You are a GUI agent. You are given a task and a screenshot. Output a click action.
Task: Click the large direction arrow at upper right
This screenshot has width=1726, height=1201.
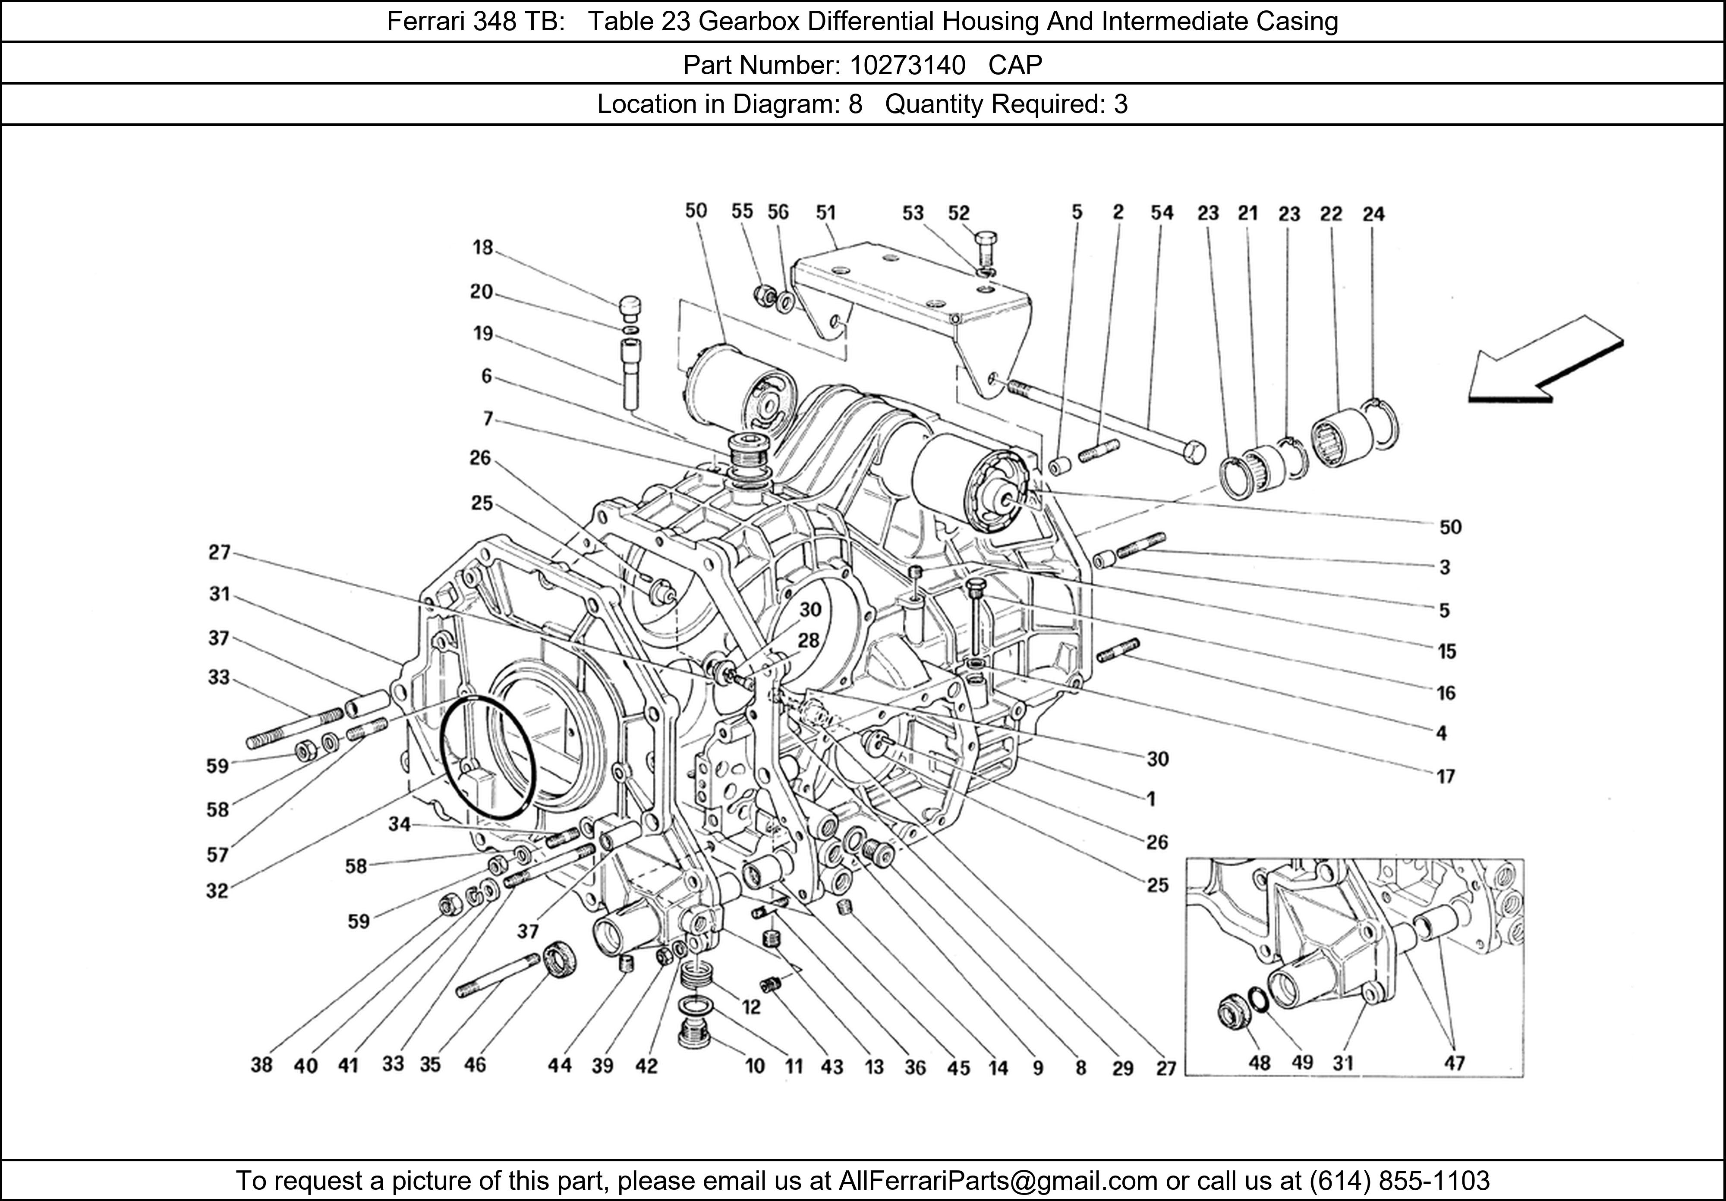pos(1545,363)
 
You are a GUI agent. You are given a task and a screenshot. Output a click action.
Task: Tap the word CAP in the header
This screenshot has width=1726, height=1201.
pos(1015,66)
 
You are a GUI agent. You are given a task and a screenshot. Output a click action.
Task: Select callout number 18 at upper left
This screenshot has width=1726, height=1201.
pos(482,247)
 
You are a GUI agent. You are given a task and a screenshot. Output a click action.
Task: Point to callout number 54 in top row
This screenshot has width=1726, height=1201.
pos(1162,214)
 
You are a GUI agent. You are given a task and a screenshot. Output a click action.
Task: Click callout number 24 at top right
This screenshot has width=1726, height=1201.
pos(1373,215)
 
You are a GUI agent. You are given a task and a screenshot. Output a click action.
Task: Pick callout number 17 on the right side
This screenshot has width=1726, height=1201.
pos(1446,777)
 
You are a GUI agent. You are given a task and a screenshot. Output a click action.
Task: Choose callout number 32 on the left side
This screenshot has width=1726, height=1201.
pos(217,890)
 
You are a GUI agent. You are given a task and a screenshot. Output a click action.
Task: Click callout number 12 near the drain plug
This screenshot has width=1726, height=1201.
pos(751,1006)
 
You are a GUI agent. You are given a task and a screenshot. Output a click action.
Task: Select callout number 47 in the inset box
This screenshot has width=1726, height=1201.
pos(1455,1063)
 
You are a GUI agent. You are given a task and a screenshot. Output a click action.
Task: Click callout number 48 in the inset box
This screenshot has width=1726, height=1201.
pos(1259,1063)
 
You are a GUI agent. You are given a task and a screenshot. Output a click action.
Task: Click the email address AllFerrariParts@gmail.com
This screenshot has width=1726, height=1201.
pos(998,1181)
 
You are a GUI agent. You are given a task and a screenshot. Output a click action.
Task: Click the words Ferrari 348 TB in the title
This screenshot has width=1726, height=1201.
pos(475,22)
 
